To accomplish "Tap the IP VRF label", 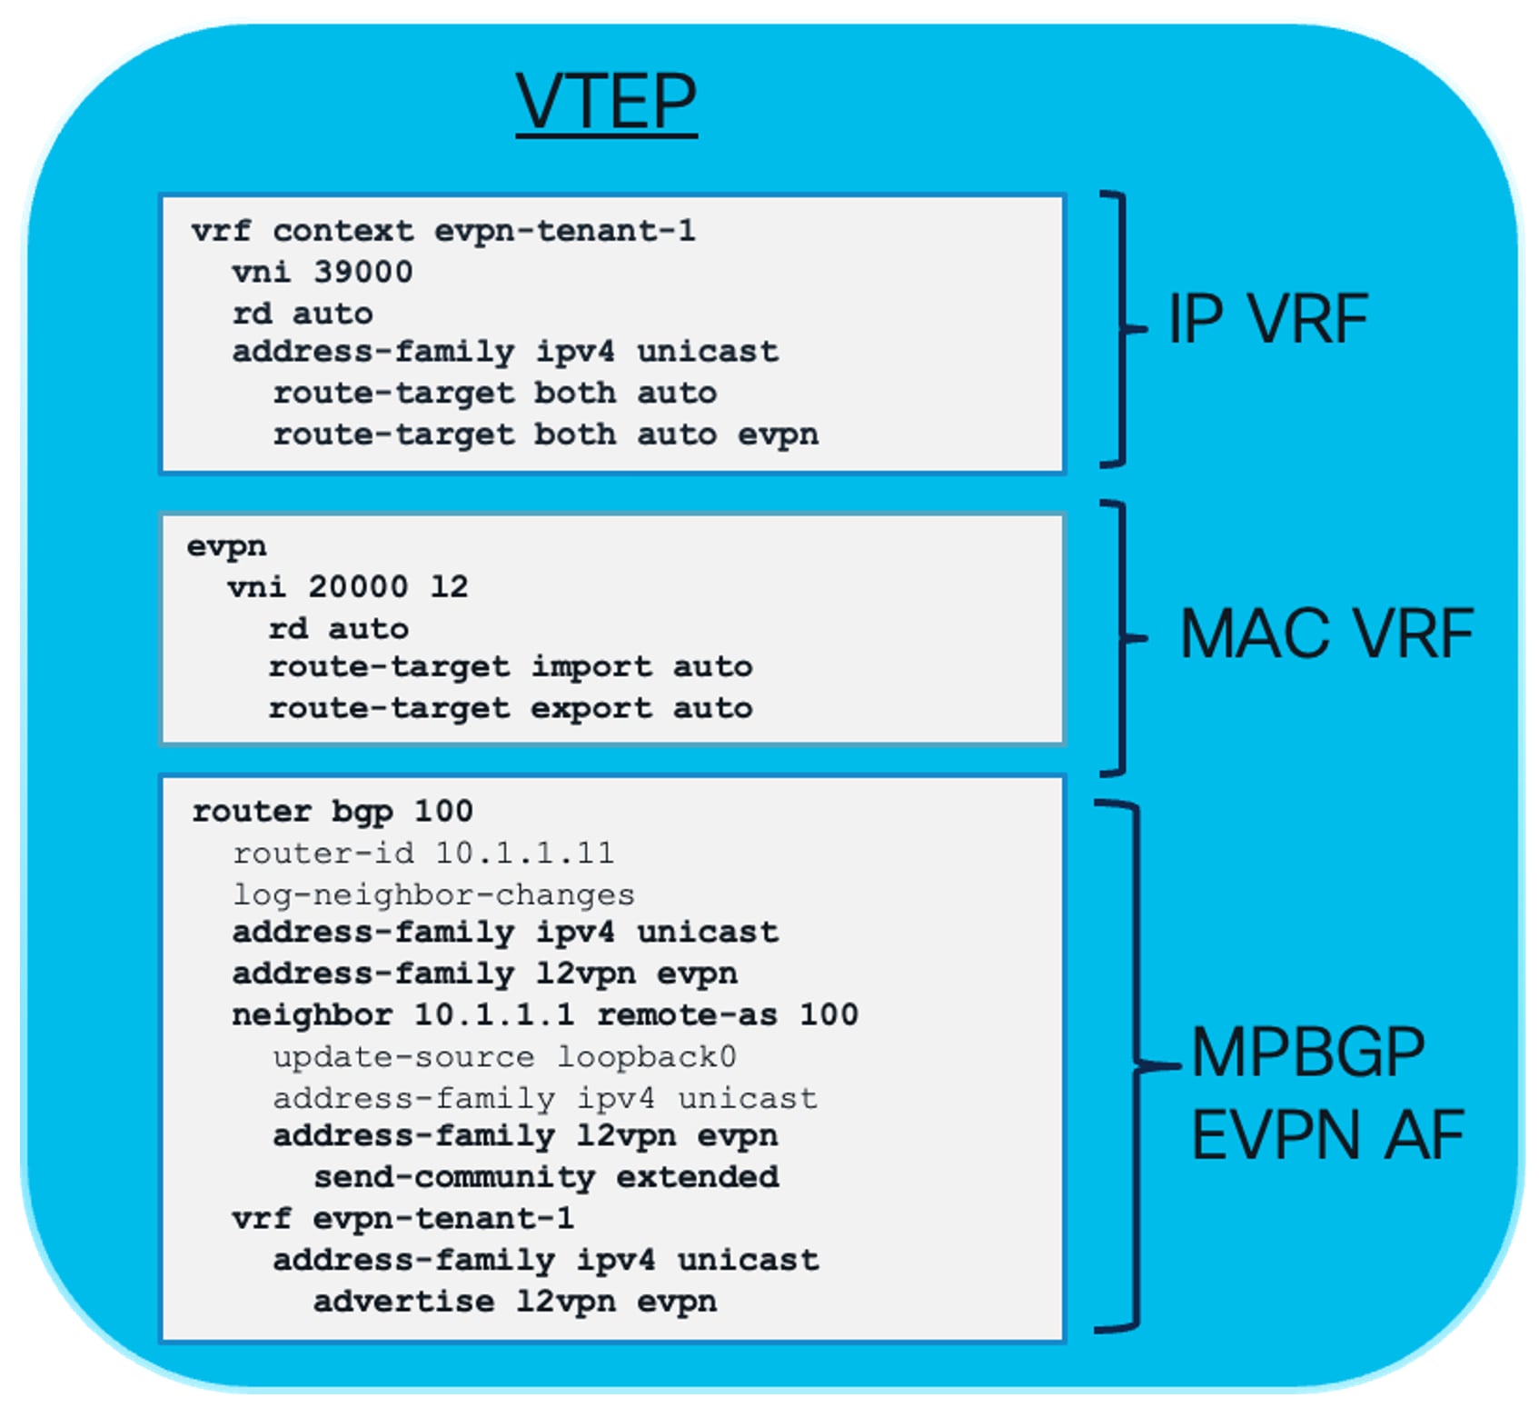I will [x=1267, y=319].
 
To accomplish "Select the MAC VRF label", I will [x=1326, y=634].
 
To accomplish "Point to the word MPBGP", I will [x=1307, y=1053].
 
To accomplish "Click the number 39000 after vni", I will [x=362, y=272].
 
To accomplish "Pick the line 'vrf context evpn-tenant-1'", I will [x=443, y=231].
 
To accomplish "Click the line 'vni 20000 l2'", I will [x=348, y=586].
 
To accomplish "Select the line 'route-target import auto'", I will [x=510, y=666].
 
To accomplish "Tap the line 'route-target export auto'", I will [x=510, y=708].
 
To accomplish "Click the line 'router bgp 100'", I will [x=333, y=811].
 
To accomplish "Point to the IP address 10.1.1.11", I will [x=524, y=853].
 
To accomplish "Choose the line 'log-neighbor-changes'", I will [x=433, y=894].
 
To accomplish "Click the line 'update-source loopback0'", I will [x=504, y=1056].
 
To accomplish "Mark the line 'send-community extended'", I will [x=546, y=1177].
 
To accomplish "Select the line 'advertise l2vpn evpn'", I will [x=515, y=1301].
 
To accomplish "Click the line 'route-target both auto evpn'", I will [x=545, y=434].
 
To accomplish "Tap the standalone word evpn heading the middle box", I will [x=227, y=546].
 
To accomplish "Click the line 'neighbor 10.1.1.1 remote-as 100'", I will [x=545, y=1014].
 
